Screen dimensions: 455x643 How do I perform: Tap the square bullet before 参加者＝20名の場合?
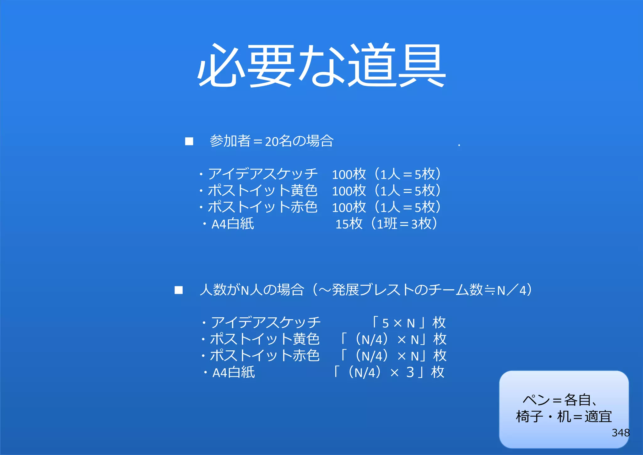[x=189, y=141]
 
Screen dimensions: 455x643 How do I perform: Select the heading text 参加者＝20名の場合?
[x=272, y=141]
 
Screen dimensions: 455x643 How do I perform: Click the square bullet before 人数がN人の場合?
[x=179, y=290]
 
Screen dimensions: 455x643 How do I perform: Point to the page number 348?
[x=620, y=433]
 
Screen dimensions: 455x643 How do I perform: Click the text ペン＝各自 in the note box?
[x=559, y=400]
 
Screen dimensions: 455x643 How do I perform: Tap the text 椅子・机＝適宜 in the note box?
[x=564, y=417]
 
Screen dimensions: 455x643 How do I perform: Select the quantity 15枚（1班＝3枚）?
[x=386, y=224]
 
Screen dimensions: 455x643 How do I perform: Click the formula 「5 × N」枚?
[x=408, y=323]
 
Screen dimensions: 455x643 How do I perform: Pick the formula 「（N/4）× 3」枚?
[x=389, y=372]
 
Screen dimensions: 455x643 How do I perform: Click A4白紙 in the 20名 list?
[x=232, y=224]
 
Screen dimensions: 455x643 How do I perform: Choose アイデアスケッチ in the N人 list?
[x=266, y=323]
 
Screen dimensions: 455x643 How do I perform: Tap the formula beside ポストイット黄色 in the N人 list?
[x=394, y=339]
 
